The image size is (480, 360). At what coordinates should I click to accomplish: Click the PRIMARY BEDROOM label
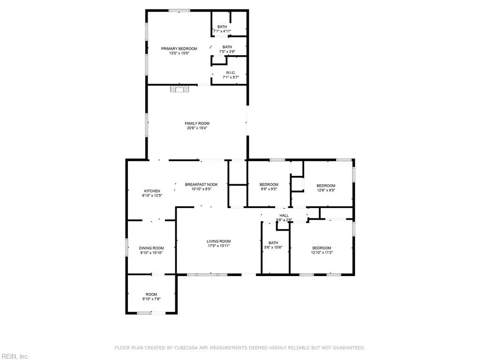pos(179,49)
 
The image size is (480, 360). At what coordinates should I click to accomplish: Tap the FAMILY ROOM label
pos(197,123)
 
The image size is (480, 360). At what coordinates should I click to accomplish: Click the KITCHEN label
pos(152,191)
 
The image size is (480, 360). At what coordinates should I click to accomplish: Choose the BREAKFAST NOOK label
pos(202,184)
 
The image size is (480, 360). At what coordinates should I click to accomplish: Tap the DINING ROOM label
pos(151,248)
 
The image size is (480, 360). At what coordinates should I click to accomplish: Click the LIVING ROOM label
pos(218,241)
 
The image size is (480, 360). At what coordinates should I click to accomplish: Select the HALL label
pos(284,215)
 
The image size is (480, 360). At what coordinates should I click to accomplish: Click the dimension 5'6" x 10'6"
pos(273,247)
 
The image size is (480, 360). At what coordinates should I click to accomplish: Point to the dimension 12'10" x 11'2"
pos(322,253)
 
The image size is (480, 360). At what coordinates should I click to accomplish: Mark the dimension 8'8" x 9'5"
pos(269,189)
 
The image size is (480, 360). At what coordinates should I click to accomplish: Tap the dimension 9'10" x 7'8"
pos(151,299)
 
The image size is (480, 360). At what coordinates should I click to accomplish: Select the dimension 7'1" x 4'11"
pos(222,31)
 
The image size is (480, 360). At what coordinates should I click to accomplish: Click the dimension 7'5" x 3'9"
pos(227,52)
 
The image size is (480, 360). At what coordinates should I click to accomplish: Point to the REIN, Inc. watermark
pos(15,356)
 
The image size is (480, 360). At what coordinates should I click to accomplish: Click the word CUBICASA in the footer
pos(187,348)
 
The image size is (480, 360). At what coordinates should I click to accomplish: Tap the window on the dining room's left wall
pos(127,247)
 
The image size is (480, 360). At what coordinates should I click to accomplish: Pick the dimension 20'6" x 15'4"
pos(197,128)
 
